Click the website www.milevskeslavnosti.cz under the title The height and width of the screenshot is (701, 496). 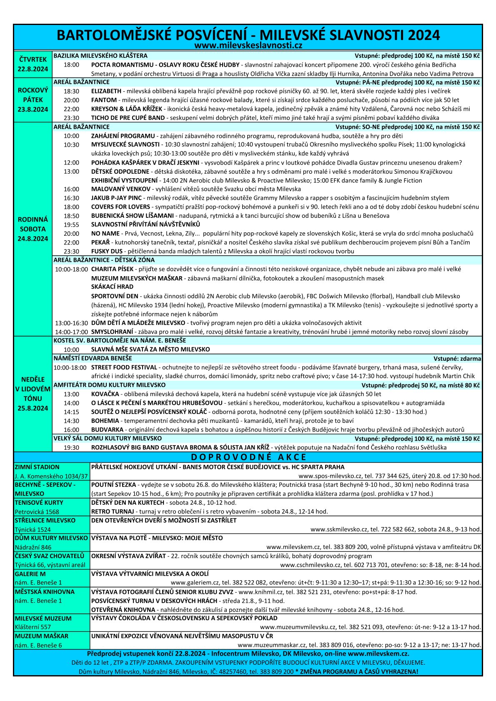click(248, 45)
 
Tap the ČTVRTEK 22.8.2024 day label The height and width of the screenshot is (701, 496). click(33, 64)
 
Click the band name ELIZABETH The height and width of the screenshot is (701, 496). click(106, 91)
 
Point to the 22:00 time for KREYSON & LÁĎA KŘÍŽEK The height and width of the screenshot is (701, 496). click(71, 109)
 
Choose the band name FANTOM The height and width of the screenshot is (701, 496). click(104, 100)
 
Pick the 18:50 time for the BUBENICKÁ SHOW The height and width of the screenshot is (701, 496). click(71, 216)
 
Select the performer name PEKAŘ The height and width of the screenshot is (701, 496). click(100, 242)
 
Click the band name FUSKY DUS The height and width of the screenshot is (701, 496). click(107, 251)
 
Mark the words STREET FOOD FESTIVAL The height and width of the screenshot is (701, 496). click(124, 367)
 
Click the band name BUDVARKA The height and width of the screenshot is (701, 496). click(107, 429)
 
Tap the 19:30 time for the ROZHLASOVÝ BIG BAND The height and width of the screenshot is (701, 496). click(71, 447)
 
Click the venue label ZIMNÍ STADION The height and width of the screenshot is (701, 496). click(37, 467)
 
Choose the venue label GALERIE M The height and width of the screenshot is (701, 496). click(30, 574)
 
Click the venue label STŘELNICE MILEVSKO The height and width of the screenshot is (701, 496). click(45, 520)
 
